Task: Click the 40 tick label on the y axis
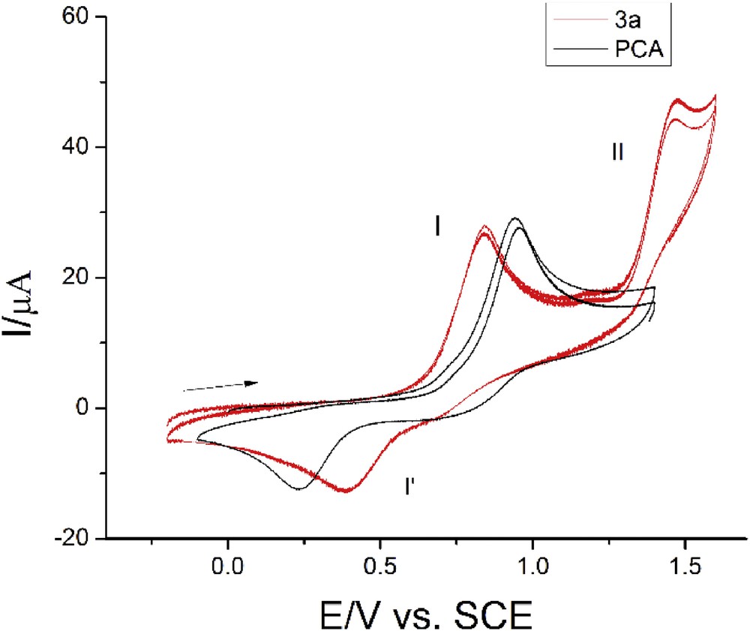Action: click(x=81, y=147)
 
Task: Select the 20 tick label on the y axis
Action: click(x=81, y=278)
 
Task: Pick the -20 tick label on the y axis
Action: click(x=77, y=538)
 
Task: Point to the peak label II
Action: click(x=617, y=153)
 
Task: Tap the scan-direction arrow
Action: click(x=221, y=386)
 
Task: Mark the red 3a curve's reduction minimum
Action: click(x=346, y=491)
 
